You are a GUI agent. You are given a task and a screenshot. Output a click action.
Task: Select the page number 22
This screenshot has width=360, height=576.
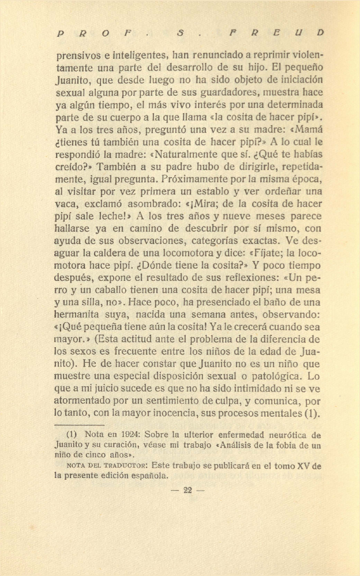[187, 491]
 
